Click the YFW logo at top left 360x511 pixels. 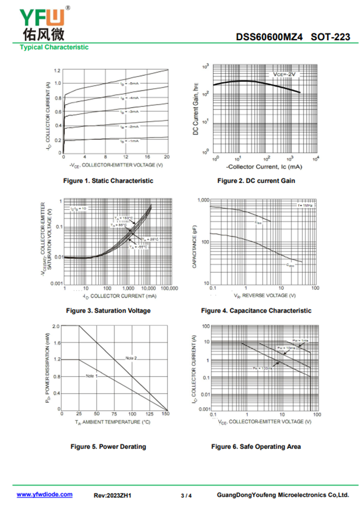click(x=43, y=22)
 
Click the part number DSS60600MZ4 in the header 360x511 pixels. click(x=270, y=37)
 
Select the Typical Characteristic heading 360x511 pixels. click(x=54, y=47)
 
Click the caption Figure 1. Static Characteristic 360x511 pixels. click(x=108, y=181)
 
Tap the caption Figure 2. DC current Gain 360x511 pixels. click(x=256, y=181)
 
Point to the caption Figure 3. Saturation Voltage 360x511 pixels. click(x=108, y=311)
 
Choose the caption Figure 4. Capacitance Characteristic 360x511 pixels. click(x=256, y=311)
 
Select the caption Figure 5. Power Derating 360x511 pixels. click(x=108, y=447)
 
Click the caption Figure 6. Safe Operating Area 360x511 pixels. click(x=256, y=447)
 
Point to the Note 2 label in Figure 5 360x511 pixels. click(x=131, y=358)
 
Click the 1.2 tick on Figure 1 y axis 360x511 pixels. click(x=57, y=71)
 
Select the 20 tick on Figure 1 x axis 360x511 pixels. click(x=166, y=157)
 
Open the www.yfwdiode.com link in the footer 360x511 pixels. click(x=45, y=494)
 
